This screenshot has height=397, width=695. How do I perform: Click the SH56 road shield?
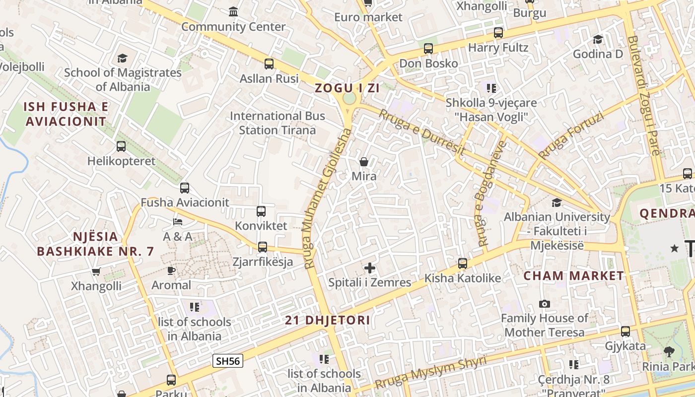228,361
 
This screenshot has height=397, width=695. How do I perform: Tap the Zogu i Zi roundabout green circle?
349,98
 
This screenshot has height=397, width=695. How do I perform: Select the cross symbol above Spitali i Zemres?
370,268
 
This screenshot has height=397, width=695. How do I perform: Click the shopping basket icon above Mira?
364,162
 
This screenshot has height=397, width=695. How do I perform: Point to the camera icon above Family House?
545,304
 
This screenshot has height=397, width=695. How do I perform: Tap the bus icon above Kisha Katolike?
463,264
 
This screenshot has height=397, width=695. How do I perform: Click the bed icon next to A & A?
178,221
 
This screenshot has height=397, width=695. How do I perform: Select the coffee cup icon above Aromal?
171,270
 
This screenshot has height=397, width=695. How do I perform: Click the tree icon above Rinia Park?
669,352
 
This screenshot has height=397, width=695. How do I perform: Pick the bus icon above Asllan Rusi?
269,64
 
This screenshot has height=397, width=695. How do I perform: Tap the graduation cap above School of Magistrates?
123,58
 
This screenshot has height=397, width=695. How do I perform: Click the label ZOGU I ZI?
347,88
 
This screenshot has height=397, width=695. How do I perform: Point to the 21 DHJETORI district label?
328,320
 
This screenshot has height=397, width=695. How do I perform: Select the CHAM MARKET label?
574,276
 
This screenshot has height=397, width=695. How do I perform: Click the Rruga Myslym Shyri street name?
431,372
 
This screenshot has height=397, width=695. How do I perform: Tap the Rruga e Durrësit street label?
422,132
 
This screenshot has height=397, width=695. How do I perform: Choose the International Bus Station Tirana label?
278,123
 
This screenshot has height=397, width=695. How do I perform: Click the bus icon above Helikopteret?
121,146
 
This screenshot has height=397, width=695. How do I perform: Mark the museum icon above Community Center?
233,11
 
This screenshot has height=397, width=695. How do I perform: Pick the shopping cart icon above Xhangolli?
96,271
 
